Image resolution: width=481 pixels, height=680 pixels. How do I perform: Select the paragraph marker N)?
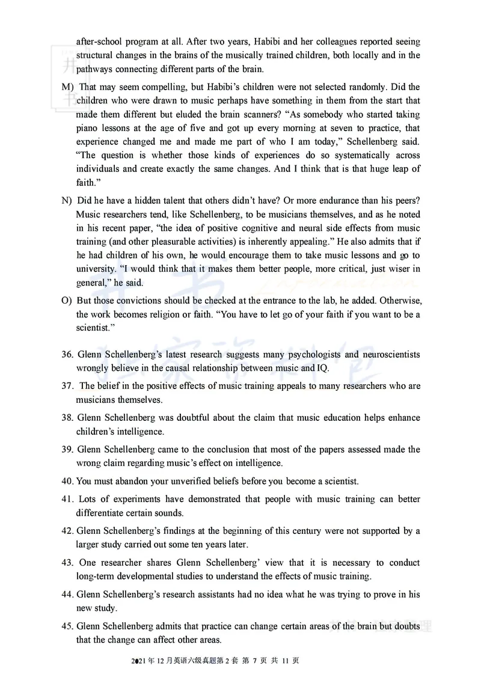pyautogui.click(x=67, y=200)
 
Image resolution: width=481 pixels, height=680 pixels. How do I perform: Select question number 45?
pyautogui.click(x=67, y=625)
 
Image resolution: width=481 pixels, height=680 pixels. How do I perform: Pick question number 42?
pyautogui.click(x=67, y=531)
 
